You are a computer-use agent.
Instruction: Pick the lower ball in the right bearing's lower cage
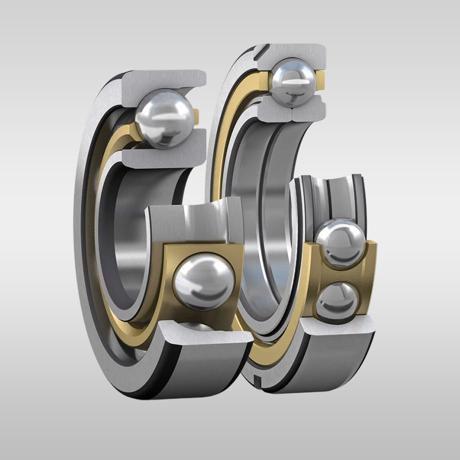click(x=339, y=300)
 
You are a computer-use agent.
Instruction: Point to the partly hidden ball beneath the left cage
click(x=195, y=327)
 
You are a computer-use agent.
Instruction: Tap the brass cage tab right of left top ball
click(x=196, y=117)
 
